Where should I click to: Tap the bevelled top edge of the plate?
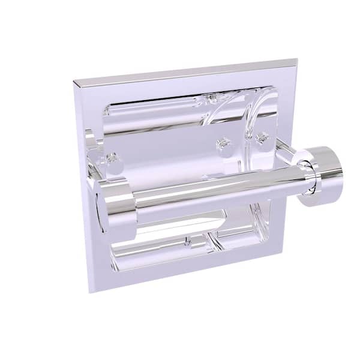click(x=186, y=71)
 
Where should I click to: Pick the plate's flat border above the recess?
click(x=186, y=81)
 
